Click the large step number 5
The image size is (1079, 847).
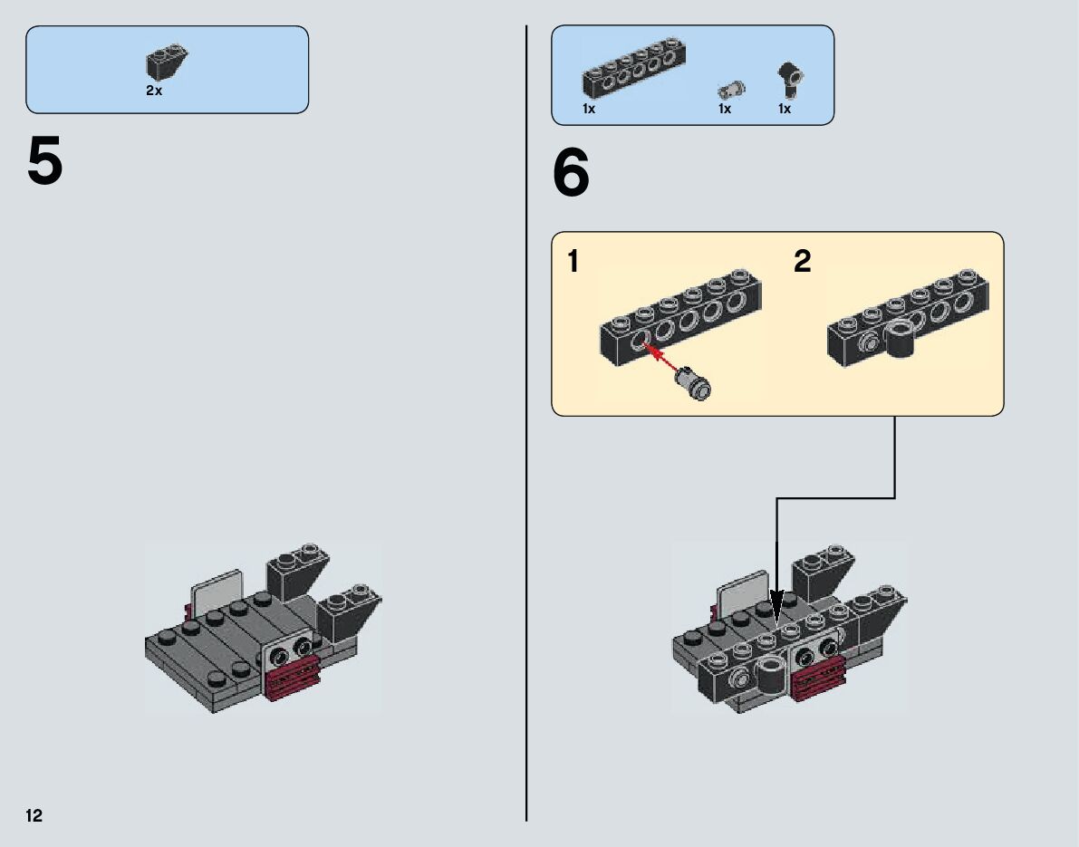(x=45, y=163)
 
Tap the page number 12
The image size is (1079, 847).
(x=34, y=816)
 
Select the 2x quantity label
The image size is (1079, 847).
(x=154, y=91)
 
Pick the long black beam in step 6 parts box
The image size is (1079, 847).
(x=632, y=68)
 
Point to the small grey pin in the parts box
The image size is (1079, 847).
(x=731, y=89)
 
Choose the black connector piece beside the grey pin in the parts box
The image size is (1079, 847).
(x=790, y=79)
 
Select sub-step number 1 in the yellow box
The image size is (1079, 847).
(x=573, y=263)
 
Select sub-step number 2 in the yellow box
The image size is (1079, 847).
(x=802, y=263)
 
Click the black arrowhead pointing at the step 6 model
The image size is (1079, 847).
(x=776, y=605)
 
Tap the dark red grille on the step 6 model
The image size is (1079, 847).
(x=819, y=679)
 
